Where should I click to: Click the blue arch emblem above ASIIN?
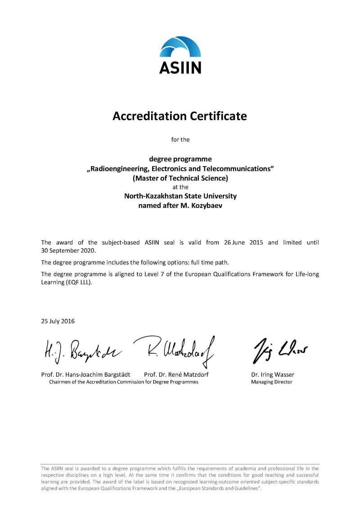tap(180, 48)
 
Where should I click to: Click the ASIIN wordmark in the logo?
tap(180, 68)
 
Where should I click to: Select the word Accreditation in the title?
tap(148, 116)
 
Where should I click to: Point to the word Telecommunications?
tap(238, 169)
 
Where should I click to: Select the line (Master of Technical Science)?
tap(180, 178)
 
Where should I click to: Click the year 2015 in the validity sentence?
tap(256, 243)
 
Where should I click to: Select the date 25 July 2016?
tap(58, 321)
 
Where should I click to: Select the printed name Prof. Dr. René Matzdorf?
tap(176, 374)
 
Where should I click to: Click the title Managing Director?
tap(272, 382)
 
